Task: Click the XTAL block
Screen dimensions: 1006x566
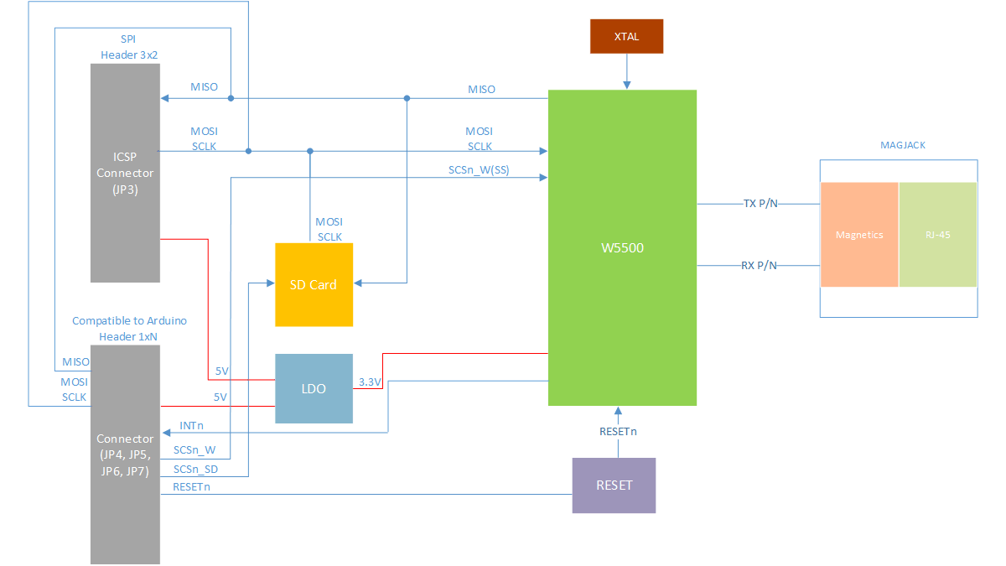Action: point(626,36)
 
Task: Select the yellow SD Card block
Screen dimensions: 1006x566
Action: point(314,285)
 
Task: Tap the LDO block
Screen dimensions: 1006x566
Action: point(314,388)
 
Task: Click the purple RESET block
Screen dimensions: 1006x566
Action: point(614,486)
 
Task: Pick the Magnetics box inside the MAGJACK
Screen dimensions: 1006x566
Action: point(859,235)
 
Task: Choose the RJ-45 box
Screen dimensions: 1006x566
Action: point(938,235)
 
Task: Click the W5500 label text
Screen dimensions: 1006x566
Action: point(622,247)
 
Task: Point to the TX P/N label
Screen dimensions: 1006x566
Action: point(760,204)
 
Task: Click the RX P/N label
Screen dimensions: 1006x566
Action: point(759,266)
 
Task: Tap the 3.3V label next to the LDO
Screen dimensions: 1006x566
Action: point(370,382)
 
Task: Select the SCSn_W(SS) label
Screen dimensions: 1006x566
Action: point(479,169)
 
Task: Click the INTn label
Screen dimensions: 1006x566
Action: point(191,425)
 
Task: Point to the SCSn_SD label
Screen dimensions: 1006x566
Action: point(195,470)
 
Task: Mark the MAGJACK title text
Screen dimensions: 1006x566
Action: point(903,145)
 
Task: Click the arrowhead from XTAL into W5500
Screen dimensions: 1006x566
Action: point(627,85)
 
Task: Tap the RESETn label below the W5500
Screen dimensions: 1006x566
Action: point(618,432)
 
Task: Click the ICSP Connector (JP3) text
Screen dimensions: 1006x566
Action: point(125,173)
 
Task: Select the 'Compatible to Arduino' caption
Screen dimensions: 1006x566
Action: point(129,320)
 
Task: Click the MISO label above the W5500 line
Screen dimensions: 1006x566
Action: point(481,90)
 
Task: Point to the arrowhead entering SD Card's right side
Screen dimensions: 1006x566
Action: point(358,283)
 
